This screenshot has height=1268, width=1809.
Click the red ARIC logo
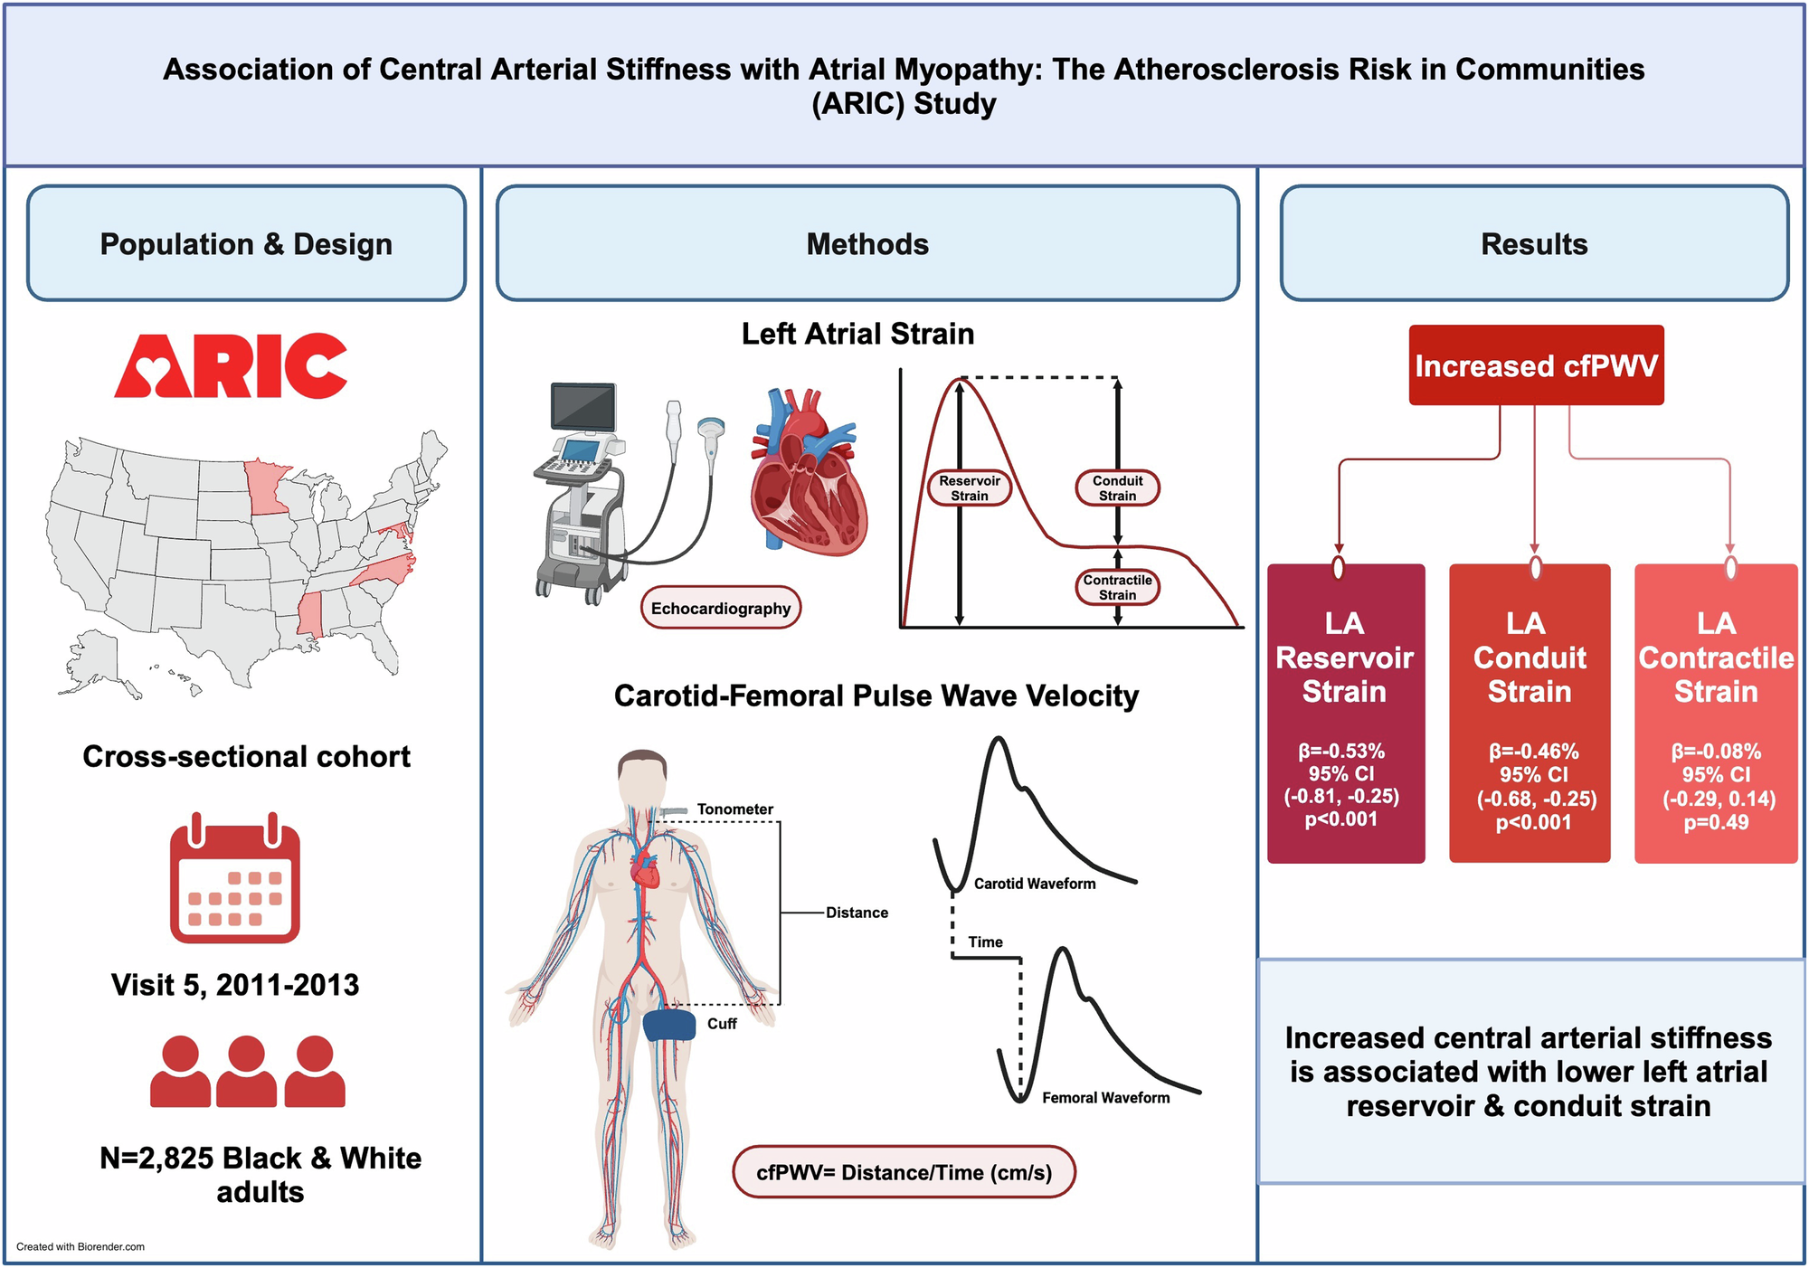pos(231,366)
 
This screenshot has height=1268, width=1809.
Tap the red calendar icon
pos(235,882)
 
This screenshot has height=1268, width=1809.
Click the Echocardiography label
pos(721,609)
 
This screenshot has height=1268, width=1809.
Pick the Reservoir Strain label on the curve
pos(969,488)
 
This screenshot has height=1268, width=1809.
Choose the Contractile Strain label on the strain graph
pos(1117,587)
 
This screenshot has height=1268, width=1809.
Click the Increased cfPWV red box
pos(1536,365)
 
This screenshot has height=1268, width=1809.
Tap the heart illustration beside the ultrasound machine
pos(808,470)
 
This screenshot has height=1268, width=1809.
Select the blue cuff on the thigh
pos(669,1025)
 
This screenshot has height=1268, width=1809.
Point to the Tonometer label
pos(734,809)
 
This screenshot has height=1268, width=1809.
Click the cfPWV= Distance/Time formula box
pos(904,1172)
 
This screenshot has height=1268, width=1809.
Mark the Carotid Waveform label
pos(1034,884)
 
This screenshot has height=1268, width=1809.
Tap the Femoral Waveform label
pos(1105,1098)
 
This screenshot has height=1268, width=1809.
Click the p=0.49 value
pos(1715,823)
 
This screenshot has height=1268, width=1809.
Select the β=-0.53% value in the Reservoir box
pos(1341,751)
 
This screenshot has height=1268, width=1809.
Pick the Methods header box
pos(867,244)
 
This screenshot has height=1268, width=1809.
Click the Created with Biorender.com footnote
pos(81,1246)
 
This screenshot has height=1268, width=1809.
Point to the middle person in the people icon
pos(247,1072)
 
